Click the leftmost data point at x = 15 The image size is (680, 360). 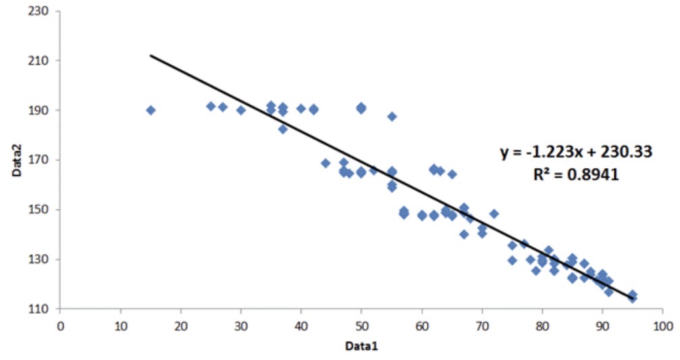tap(151, 110)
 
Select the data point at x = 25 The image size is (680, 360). tap(211, 106)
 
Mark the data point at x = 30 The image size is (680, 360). tap(241, 110)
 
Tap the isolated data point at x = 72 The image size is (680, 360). tap(494, 213)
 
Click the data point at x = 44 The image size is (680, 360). tap(325, 163)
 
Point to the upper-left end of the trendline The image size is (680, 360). tap(151, 55)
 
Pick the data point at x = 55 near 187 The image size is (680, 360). tap(392, 117)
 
